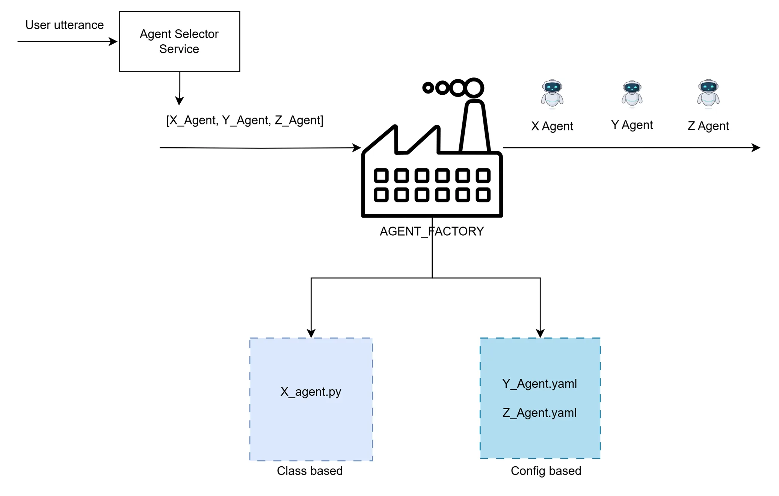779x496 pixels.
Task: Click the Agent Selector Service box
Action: [179, 41]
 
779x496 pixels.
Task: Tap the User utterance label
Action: [64, 25]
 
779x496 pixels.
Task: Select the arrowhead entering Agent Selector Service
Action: [113, 41]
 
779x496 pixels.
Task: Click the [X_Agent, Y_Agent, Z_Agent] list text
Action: [245, 120]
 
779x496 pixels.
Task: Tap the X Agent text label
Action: [552, 126]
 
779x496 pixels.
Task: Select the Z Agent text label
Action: [708, 126]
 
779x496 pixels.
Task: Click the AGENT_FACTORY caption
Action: [432, 231]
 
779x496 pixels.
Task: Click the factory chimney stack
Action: [475, 126]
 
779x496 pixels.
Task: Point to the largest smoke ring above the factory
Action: [474, 88]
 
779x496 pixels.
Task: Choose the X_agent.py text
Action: [311, 392]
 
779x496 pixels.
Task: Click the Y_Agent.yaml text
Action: [539, 384]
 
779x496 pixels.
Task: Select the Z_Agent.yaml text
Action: [539, 413]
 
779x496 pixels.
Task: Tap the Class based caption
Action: [309, 471]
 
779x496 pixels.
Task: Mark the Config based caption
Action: [546, 471]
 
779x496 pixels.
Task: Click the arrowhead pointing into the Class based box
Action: [311, 333]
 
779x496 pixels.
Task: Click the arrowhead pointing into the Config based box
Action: [540, 333]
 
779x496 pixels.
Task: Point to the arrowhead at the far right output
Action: [756, 148]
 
